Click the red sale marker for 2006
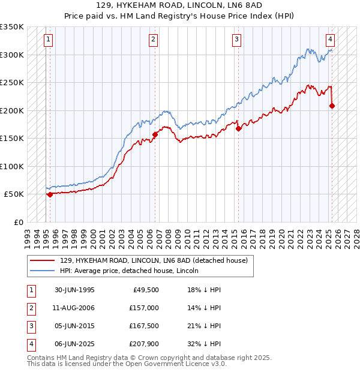(155, 134)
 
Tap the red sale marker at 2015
(238, 128)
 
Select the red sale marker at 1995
(50, 194)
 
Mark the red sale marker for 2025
(332, 106)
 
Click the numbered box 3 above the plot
(237, 40)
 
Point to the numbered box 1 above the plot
(48, 40)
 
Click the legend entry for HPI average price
(129, 271)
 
